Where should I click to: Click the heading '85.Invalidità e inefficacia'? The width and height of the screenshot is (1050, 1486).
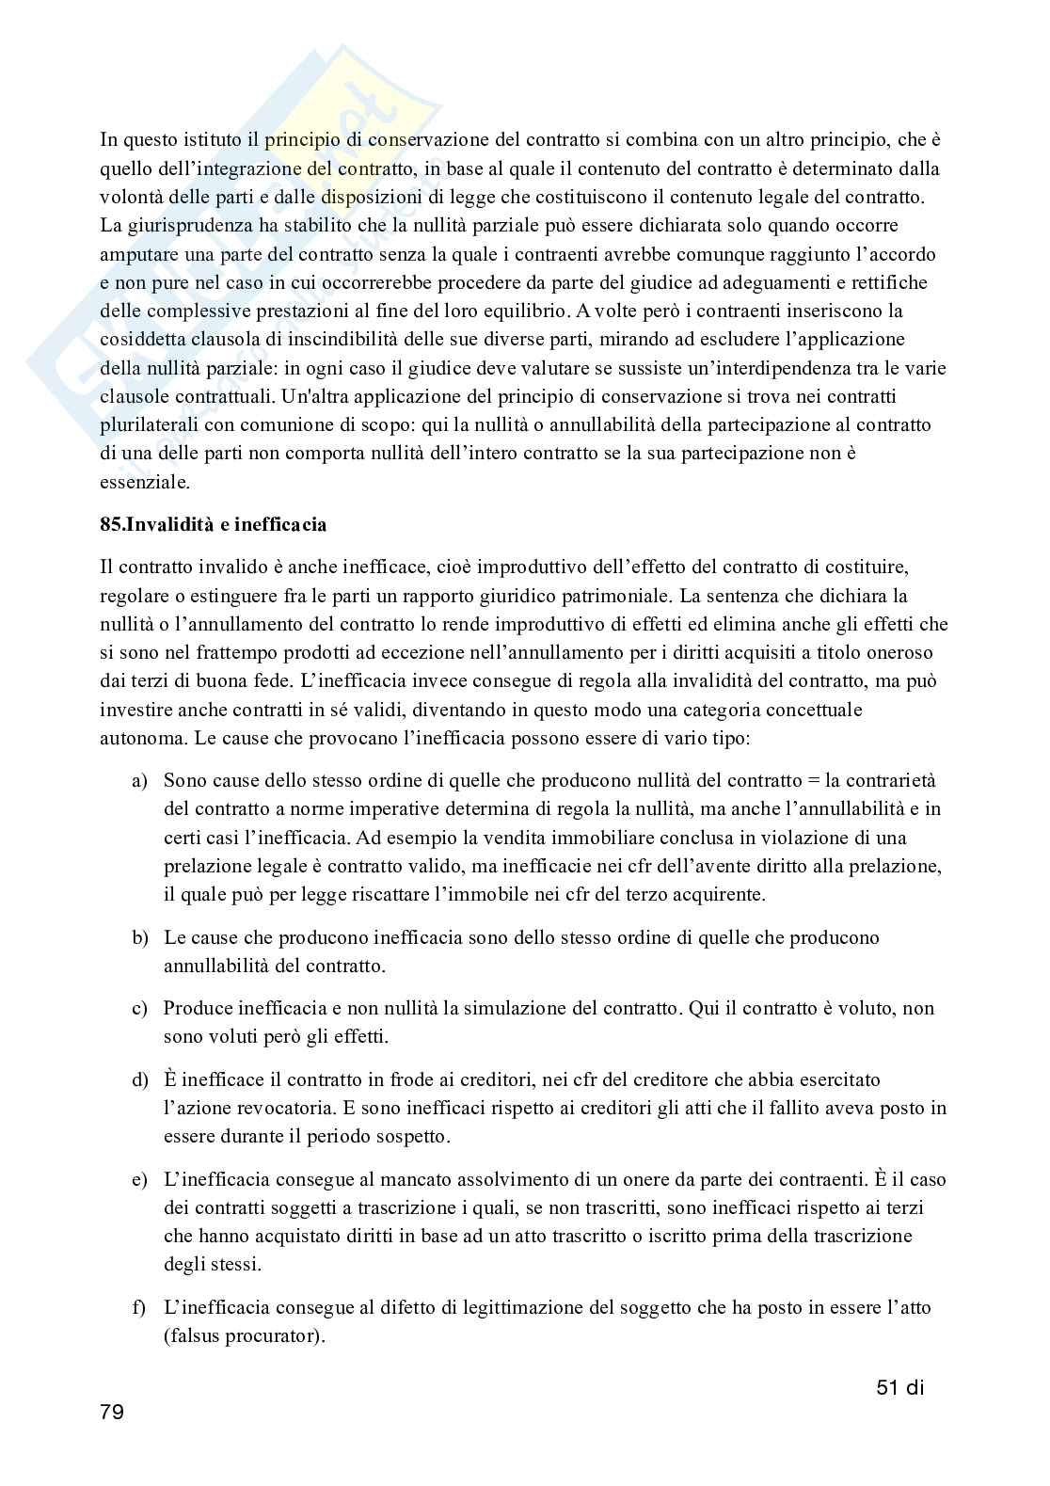pyautogui.click(x=213, y=525)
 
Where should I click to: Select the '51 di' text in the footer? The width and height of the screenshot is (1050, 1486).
pyautogui.click(x=896, y=1386)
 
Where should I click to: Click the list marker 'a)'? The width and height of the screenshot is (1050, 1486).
pyautogui.click(x=139, y=781)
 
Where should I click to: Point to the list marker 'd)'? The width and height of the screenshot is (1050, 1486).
pyautogui.click(x=139, y=1079)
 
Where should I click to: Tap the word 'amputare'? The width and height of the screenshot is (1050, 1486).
pyautogui.click(x=136, y=254)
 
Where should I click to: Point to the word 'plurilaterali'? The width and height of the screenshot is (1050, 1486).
pyautogui.click(x=147, y=424)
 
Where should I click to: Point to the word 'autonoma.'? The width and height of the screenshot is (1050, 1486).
pyautogui.click(x=144, y=737)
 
